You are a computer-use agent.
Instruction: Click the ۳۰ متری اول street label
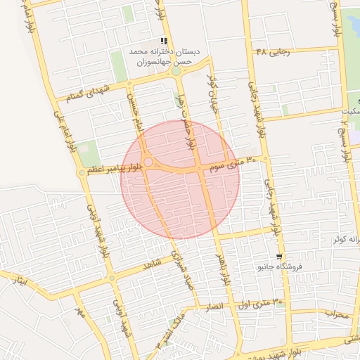pyautogui.click(x=267, y=303)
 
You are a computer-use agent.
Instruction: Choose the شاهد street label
pyautogui.click(x=152, y=264)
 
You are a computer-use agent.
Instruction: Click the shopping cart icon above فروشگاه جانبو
pyautogui.click(x=281, y=257)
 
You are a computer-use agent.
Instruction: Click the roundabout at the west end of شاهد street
pyautogui.click(x=111, y=278)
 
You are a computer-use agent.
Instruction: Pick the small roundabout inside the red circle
pyautogui.click(x=148, y=163)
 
